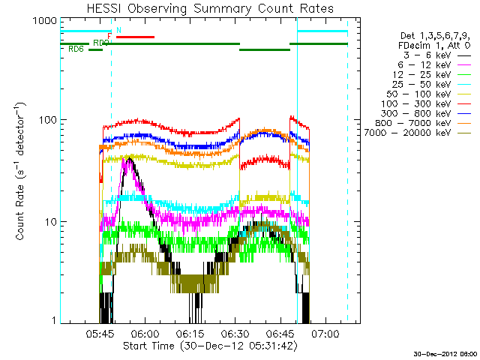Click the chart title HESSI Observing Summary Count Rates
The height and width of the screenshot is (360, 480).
210,8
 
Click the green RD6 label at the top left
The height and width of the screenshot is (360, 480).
75,49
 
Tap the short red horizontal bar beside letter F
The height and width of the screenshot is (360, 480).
135,36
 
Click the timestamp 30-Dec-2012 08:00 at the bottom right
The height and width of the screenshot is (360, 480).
445,353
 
